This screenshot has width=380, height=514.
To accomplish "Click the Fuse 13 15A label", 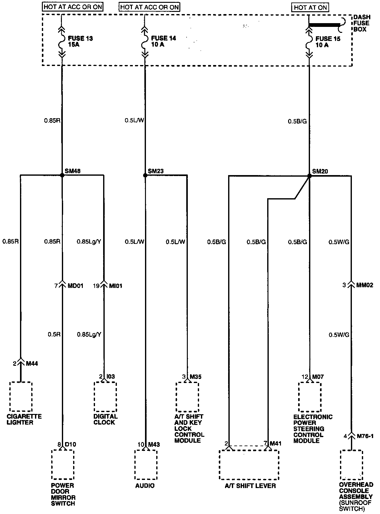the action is pyautogui.click(x=80, y=41).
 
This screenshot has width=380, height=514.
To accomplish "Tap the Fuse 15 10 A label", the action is pyautogui.click(x=328, y=42).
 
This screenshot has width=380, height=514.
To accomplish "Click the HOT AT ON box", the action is pyautogui.click(x=310, y=8).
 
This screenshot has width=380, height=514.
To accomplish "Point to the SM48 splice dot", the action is pyautogui.click(x=62, y=175).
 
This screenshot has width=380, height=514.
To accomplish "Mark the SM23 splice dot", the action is pyautogui.click(x=145, y=175).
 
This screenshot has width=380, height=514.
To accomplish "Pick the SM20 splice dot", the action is pyautogui.click(x=309, y=176).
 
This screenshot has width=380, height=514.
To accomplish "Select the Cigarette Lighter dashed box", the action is pyautogui.click(x=21, y=396).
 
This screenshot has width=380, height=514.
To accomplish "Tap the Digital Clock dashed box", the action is pyautogui.click(x=105, y=396).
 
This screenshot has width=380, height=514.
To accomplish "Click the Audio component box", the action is pyautogui.click(x=145, y=465).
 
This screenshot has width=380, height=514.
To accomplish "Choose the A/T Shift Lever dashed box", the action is pyautogui.click(x=249, y=465).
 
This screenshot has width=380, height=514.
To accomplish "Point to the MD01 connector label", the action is pyautogui.click(x=76, y=285).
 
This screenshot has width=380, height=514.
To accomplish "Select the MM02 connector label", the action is pyautogui.click(x=365, y=285).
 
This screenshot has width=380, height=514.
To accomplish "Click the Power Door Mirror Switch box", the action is pyautogui.click(x=63, y=465).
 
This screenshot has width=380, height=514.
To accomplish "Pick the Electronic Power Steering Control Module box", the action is pyautogui.click(x=310, y=397).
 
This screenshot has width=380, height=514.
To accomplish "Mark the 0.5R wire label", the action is pyautogui.click(x=54, y=335).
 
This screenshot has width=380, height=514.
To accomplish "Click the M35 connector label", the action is pyautogui.click(x=196, y=376).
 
